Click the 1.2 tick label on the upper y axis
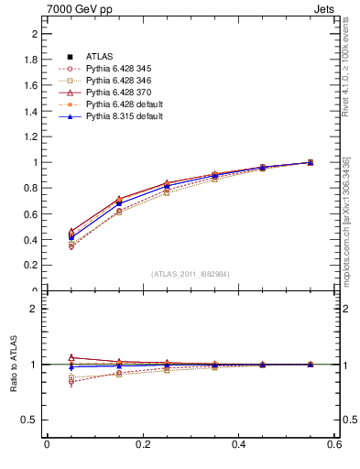(x=33, y=136)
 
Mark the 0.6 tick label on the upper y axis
(x=33, y=214)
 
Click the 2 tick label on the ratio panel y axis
(x=36, y=309)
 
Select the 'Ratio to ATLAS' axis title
(x=14, y=365)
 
